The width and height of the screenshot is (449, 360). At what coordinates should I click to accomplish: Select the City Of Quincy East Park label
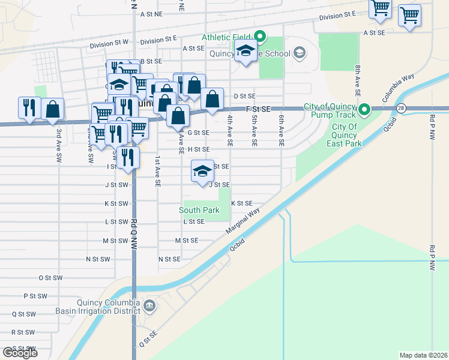(345, 135)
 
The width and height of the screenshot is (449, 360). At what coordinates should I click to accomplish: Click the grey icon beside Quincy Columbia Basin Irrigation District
(149, 307)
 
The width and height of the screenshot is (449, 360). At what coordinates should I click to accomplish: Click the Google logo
(20, 352)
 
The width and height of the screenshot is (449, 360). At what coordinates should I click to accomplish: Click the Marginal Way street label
(243, 221)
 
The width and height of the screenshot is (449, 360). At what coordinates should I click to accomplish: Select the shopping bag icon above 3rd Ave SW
(53, 109)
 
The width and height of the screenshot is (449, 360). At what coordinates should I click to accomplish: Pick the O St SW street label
(50, 278)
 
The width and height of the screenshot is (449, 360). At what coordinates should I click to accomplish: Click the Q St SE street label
(148, 338)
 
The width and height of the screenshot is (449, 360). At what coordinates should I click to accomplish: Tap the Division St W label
(109, 43)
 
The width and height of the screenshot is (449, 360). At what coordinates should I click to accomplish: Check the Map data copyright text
(423, 355)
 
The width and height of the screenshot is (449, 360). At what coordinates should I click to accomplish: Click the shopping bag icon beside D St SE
(212, 99)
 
